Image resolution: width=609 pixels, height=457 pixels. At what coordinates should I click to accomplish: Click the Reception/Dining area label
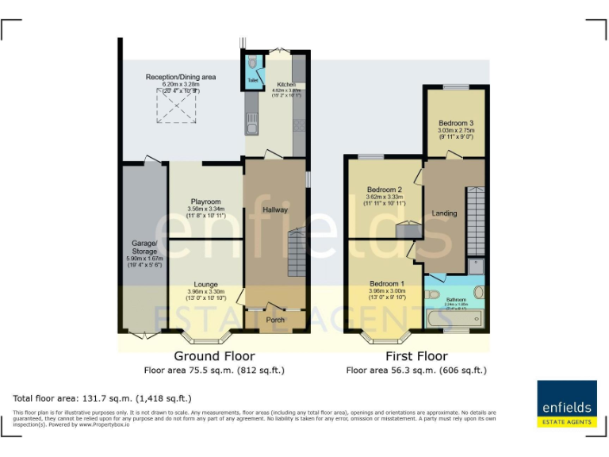(x=180, y=77)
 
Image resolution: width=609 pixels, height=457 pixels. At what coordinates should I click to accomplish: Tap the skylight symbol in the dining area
(x=177, y=106)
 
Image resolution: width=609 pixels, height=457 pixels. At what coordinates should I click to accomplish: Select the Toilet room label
(x=253, y=80)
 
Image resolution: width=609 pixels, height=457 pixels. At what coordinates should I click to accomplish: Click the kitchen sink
(x=251, y=123)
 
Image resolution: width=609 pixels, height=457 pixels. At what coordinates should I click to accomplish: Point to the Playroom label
(x=205, y=202)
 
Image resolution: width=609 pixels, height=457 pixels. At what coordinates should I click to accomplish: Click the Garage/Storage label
(x=144, y=247)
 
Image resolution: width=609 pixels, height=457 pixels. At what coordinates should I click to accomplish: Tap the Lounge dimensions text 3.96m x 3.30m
(x=205, y=291)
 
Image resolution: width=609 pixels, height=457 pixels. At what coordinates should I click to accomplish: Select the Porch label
(x=275, y=320)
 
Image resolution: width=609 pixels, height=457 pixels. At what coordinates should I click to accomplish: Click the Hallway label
(x=275, y=209)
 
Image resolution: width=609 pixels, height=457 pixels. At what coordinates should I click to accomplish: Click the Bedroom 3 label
(x=456, y=123)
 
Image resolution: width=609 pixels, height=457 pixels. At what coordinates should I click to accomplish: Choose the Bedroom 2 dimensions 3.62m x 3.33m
(x=385, y=198)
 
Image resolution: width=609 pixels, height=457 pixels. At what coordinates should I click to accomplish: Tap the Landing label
(x=444, y=213)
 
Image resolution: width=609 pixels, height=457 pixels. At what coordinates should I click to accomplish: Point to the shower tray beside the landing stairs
(x=476, y=265)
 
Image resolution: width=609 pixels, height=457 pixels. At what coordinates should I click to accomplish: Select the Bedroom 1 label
(x=386, y=283)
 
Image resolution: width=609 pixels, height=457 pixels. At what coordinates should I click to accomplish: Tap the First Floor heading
(x=416, y=356)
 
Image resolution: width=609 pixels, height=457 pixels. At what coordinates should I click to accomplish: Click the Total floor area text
(x=102, y=398)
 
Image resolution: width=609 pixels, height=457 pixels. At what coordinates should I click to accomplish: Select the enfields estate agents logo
(x=566, y=404)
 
